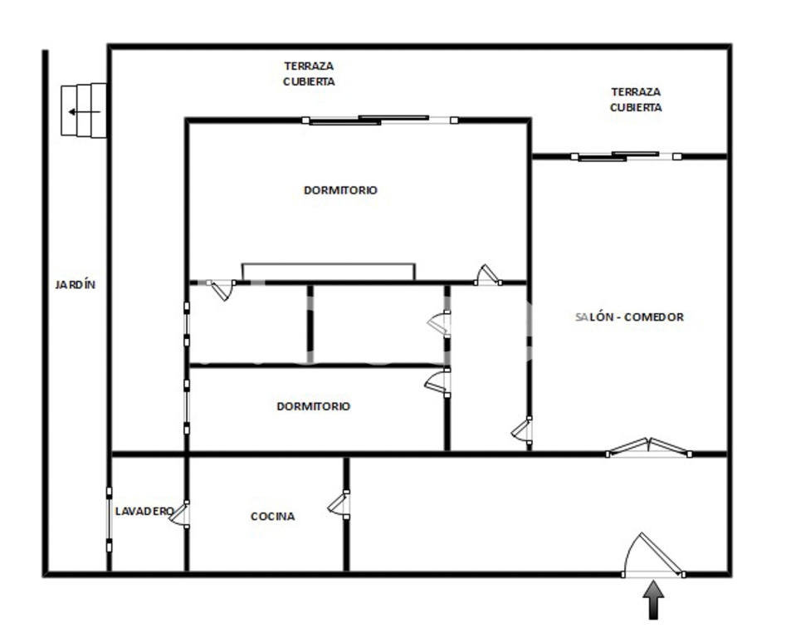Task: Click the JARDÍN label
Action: (76, 285)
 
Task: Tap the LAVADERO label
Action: (144, 511)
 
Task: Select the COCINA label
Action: (273, 516)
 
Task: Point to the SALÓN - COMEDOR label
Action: (629, 317)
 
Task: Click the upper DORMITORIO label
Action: (340, 190)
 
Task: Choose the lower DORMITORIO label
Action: (313, 406)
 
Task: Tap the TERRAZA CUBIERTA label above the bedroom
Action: (309, 74)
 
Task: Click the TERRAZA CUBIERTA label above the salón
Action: (636, 100)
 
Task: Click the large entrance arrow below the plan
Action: (653, 600)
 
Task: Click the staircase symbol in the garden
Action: (84, 110)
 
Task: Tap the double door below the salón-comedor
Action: (649, 447)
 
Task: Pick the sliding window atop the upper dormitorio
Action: (380, 120)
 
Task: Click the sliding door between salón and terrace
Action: (626, 156)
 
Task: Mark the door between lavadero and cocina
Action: (180, 514)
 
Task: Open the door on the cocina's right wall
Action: (339, 504)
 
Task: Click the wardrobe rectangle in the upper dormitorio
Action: (329, 272)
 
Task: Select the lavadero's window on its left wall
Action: (109, 519)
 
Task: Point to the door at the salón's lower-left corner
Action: (522, 430)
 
